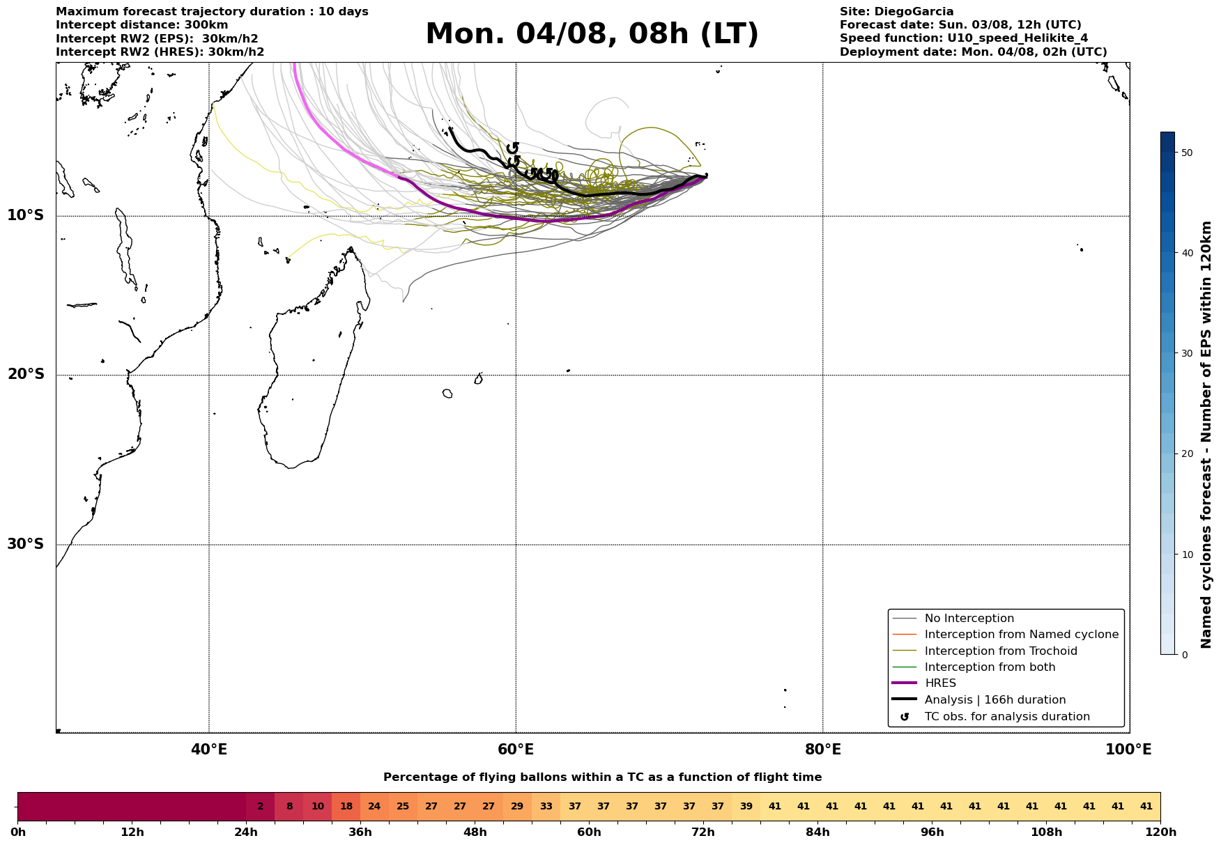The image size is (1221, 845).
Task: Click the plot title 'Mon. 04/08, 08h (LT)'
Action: (592, 34)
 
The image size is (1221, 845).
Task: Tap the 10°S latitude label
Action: (26, 215)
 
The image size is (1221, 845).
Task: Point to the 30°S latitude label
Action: (26, 544)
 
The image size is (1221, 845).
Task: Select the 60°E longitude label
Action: (516, 750)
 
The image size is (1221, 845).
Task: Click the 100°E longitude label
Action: (1128, 750)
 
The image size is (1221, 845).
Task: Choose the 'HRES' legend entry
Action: (940, 683)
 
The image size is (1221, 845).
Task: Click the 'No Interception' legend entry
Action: (969, 619)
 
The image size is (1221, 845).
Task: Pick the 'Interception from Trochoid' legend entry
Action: (1000, 651)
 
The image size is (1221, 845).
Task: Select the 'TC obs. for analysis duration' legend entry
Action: (1006, 717)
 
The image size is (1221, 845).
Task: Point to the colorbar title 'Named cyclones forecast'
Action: (1207, 435)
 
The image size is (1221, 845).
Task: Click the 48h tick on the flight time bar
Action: (475, 832)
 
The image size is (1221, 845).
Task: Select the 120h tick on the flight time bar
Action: (1160, 832)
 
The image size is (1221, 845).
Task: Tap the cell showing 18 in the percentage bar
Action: (346, 807)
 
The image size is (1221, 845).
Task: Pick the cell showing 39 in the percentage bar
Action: (746, 807)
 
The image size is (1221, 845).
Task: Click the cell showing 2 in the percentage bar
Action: (261, 807)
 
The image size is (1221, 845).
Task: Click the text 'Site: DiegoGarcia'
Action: (896, 12)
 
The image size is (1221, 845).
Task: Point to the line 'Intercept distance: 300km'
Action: (141, 25)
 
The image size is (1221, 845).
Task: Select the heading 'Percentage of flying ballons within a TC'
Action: (602, 777)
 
